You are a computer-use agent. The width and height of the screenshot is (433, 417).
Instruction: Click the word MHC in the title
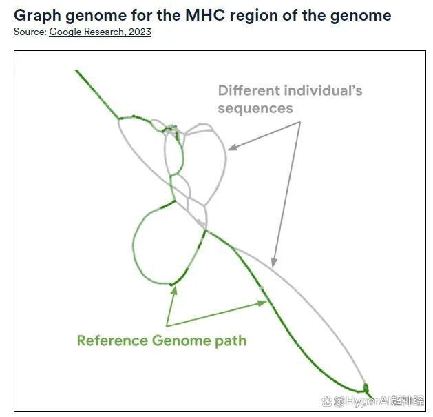205,15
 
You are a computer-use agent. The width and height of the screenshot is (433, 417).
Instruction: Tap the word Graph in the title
37,16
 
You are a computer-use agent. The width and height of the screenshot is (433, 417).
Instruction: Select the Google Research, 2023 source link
100,32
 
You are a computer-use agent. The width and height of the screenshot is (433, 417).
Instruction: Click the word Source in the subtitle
30,32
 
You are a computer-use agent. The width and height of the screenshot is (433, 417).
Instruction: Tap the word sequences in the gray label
255,108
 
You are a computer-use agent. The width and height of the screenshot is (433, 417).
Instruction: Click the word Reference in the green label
112,340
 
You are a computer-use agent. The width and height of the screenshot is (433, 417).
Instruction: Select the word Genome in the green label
182,340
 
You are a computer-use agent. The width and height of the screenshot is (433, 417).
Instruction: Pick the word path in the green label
231,340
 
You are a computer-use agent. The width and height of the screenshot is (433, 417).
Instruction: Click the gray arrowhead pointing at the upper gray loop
232,147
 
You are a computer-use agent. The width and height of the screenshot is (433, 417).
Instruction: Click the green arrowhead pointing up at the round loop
174,290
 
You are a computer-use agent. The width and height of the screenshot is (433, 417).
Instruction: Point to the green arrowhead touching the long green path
262,303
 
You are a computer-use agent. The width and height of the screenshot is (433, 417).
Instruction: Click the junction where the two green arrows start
167,326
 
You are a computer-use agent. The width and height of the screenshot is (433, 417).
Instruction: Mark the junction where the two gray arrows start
300,122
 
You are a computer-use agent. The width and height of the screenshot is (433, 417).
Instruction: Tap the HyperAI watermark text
373,400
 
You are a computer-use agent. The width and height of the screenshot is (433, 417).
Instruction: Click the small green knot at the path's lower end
366,388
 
